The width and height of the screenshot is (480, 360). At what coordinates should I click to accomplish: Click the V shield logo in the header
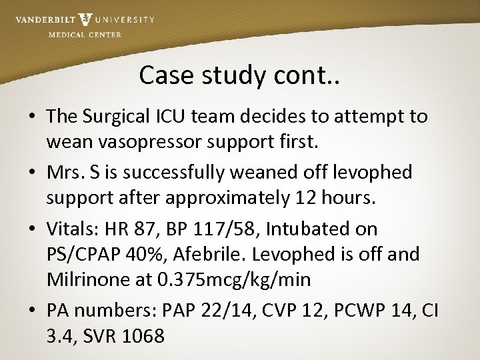85,20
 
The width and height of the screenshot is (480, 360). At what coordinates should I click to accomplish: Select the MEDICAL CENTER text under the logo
85,35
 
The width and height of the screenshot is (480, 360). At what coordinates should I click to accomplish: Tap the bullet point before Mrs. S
33,173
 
